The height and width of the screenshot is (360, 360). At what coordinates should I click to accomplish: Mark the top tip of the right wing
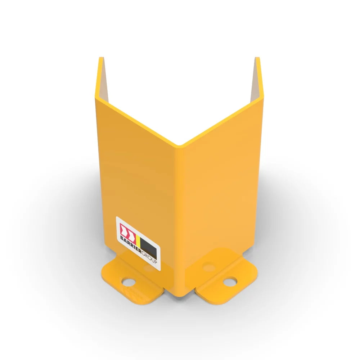(257, 58)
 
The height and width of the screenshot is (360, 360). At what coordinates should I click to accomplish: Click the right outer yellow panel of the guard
(220, 187)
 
